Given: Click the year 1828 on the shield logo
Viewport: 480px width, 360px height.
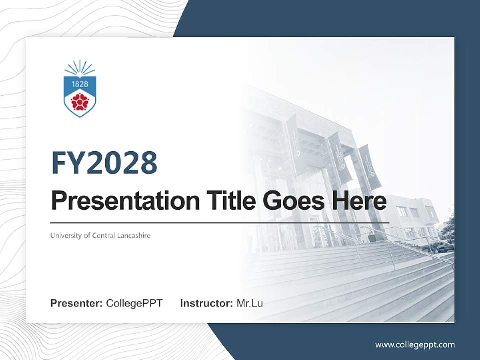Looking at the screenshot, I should [80, 84].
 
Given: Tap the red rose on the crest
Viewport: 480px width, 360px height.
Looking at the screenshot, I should [80, 102].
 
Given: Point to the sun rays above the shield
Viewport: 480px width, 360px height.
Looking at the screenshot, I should [80, 67].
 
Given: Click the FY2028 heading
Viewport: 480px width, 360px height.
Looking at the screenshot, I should [104, 163].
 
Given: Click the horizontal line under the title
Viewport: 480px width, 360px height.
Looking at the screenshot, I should [220, 222].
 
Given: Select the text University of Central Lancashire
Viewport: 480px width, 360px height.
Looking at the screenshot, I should [100, 235].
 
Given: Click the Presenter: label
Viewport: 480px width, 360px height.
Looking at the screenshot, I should [77, 303].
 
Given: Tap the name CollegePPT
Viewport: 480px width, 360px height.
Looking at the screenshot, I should [134, 303].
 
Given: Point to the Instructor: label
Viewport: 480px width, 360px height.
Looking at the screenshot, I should [206, 303].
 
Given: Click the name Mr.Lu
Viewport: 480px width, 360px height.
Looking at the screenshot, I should [250, 303].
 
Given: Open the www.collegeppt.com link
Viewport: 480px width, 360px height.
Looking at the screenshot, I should [415, 345].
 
